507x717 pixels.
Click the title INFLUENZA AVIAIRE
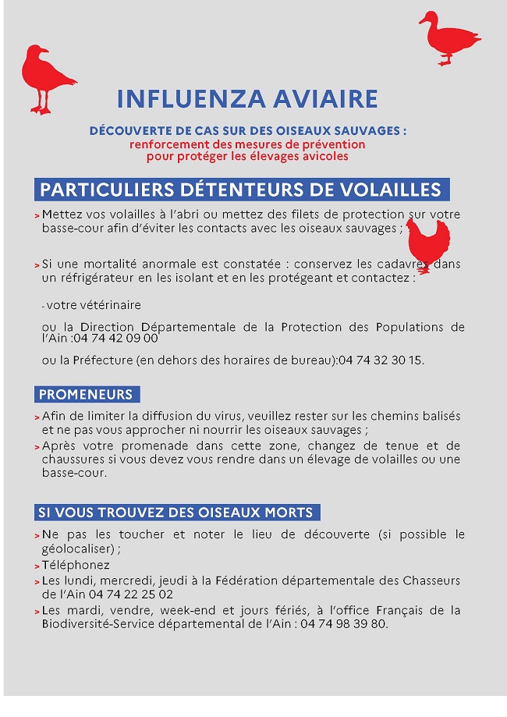tap(247, 99)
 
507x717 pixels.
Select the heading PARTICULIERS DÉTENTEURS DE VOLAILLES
tap(241, 190)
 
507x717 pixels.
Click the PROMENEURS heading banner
tap(87, 394)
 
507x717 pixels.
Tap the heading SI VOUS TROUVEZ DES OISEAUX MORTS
tap(176, 513)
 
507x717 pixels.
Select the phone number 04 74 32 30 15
tap(381, 360)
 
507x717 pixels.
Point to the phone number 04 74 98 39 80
tap(342, 624)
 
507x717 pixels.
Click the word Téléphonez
tap(76, 565)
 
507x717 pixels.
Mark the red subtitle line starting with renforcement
tap(247, 144)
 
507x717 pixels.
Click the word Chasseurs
tap(431, 580)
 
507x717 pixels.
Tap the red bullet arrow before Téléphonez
tap(37, 566)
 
